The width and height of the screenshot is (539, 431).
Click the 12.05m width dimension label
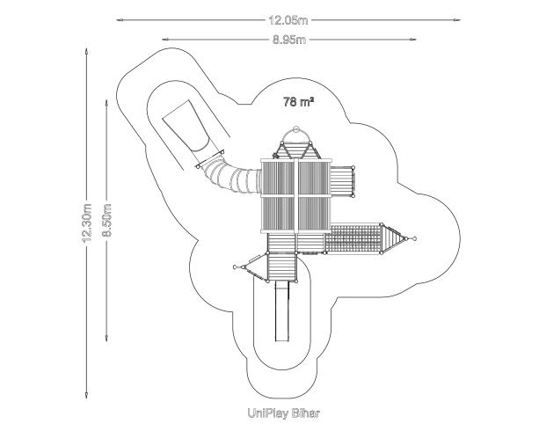[288, 20]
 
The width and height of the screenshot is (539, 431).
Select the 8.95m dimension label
[289, 40]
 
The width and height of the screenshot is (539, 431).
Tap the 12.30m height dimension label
[87, 223]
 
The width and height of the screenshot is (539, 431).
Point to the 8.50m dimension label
[107, 220]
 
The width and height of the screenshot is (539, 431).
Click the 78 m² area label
[298, 102]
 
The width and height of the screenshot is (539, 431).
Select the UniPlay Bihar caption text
[284, 413]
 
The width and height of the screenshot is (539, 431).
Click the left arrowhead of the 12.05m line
[120, 20]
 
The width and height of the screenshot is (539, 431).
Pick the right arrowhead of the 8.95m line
[412, 40]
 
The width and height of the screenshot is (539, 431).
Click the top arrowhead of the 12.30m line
[86, 53]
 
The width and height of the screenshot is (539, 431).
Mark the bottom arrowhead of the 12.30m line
[86, 395]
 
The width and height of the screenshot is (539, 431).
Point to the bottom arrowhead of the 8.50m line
[106, 338]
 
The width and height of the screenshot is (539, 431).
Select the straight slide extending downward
[282, 311]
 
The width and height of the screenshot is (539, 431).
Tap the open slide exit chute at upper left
[186, 127]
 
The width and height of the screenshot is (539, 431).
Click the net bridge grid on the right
[353, 238]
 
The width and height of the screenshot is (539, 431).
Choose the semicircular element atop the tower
[295, 134]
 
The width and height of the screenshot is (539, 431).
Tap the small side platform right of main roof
[342, 181]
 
